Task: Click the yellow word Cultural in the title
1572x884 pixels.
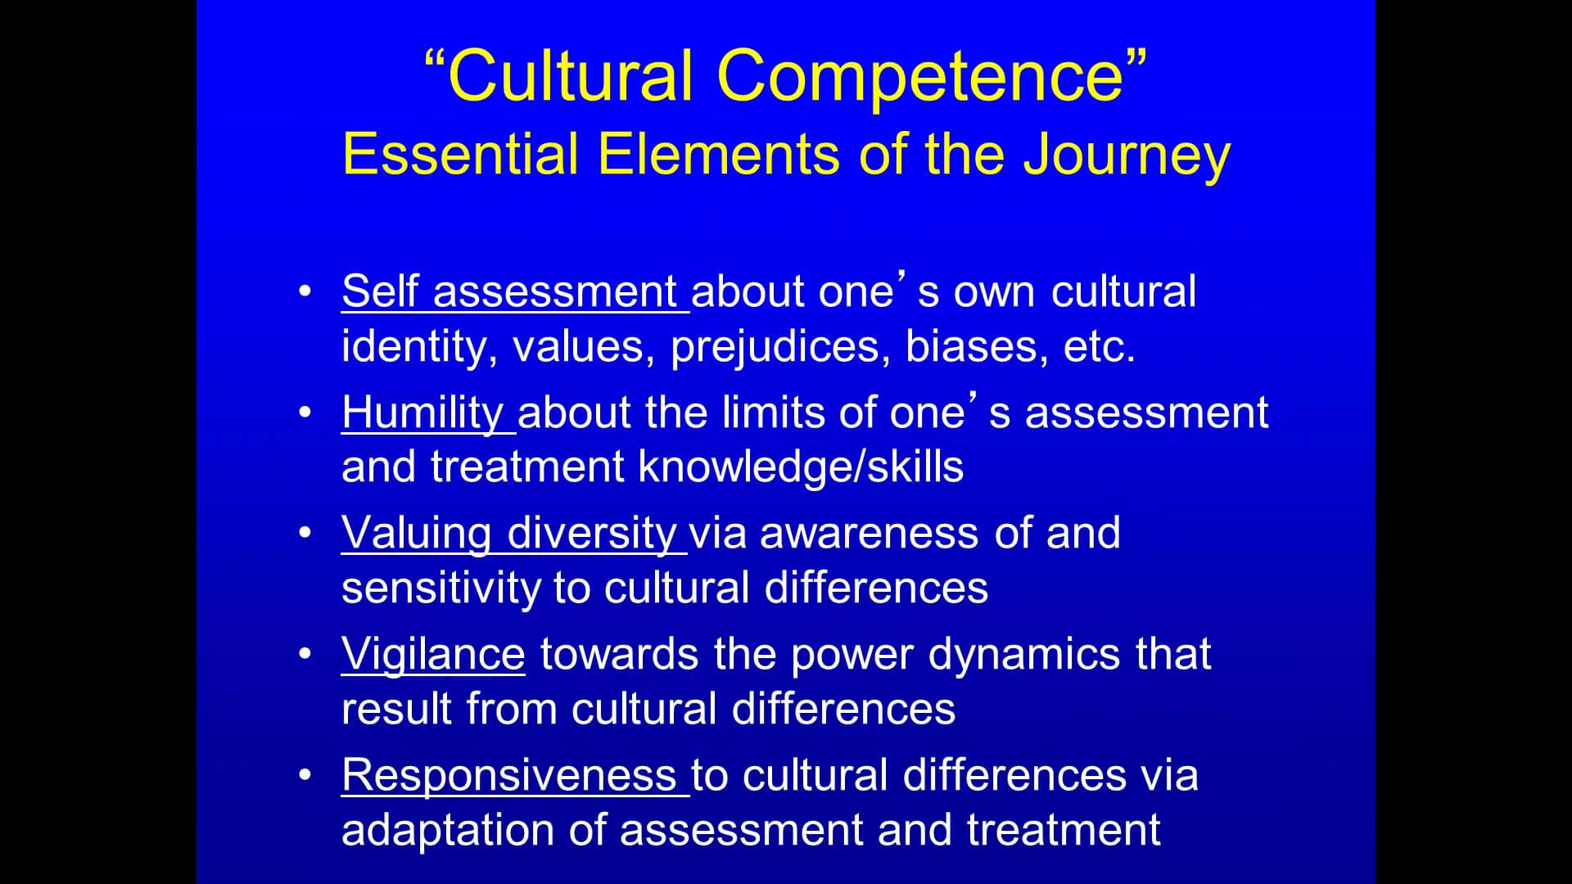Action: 571,75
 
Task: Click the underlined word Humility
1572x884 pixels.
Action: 422,413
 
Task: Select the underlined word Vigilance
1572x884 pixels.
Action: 433,655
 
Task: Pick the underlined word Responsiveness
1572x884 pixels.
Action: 508,775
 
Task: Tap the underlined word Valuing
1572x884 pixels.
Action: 416,534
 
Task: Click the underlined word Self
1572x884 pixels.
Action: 380,291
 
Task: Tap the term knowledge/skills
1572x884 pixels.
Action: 801,467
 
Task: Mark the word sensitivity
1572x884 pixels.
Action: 440,589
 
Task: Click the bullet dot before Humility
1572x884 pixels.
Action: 305,412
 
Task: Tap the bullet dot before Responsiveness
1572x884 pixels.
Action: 305,774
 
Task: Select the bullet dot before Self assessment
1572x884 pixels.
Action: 305,291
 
